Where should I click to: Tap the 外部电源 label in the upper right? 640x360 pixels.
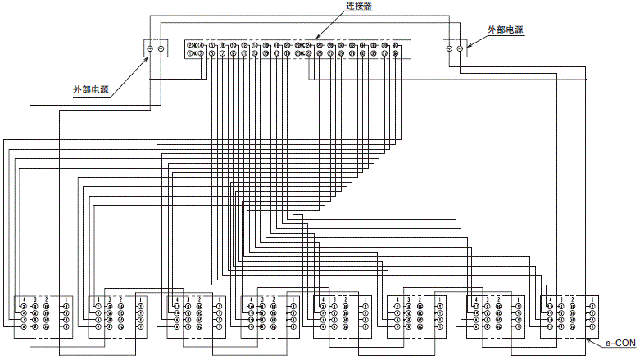coord(506,30)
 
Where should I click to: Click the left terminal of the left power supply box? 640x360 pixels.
coord(150,49)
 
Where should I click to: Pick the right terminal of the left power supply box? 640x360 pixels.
coord(161,49)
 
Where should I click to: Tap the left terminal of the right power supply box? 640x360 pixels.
coord(448,49)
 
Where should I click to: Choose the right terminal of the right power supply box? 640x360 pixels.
coord(460,49)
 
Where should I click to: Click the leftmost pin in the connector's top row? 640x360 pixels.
coord(191,45)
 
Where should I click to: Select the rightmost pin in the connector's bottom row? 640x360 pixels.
coord(395,54)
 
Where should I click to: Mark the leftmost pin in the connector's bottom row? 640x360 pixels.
coord(191,54)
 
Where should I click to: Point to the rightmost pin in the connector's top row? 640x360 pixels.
coord(395,45)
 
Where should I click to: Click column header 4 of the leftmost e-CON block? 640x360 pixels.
coord(24,298)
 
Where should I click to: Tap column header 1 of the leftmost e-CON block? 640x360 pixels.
coord(66,298)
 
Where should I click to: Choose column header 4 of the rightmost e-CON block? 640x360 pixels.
coord(549,298)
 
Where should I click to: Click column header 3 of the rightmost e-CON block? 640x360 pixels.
coord(560,298)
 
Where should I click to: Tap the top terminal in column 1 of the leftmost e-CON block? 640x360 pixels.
coord(66,306)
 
